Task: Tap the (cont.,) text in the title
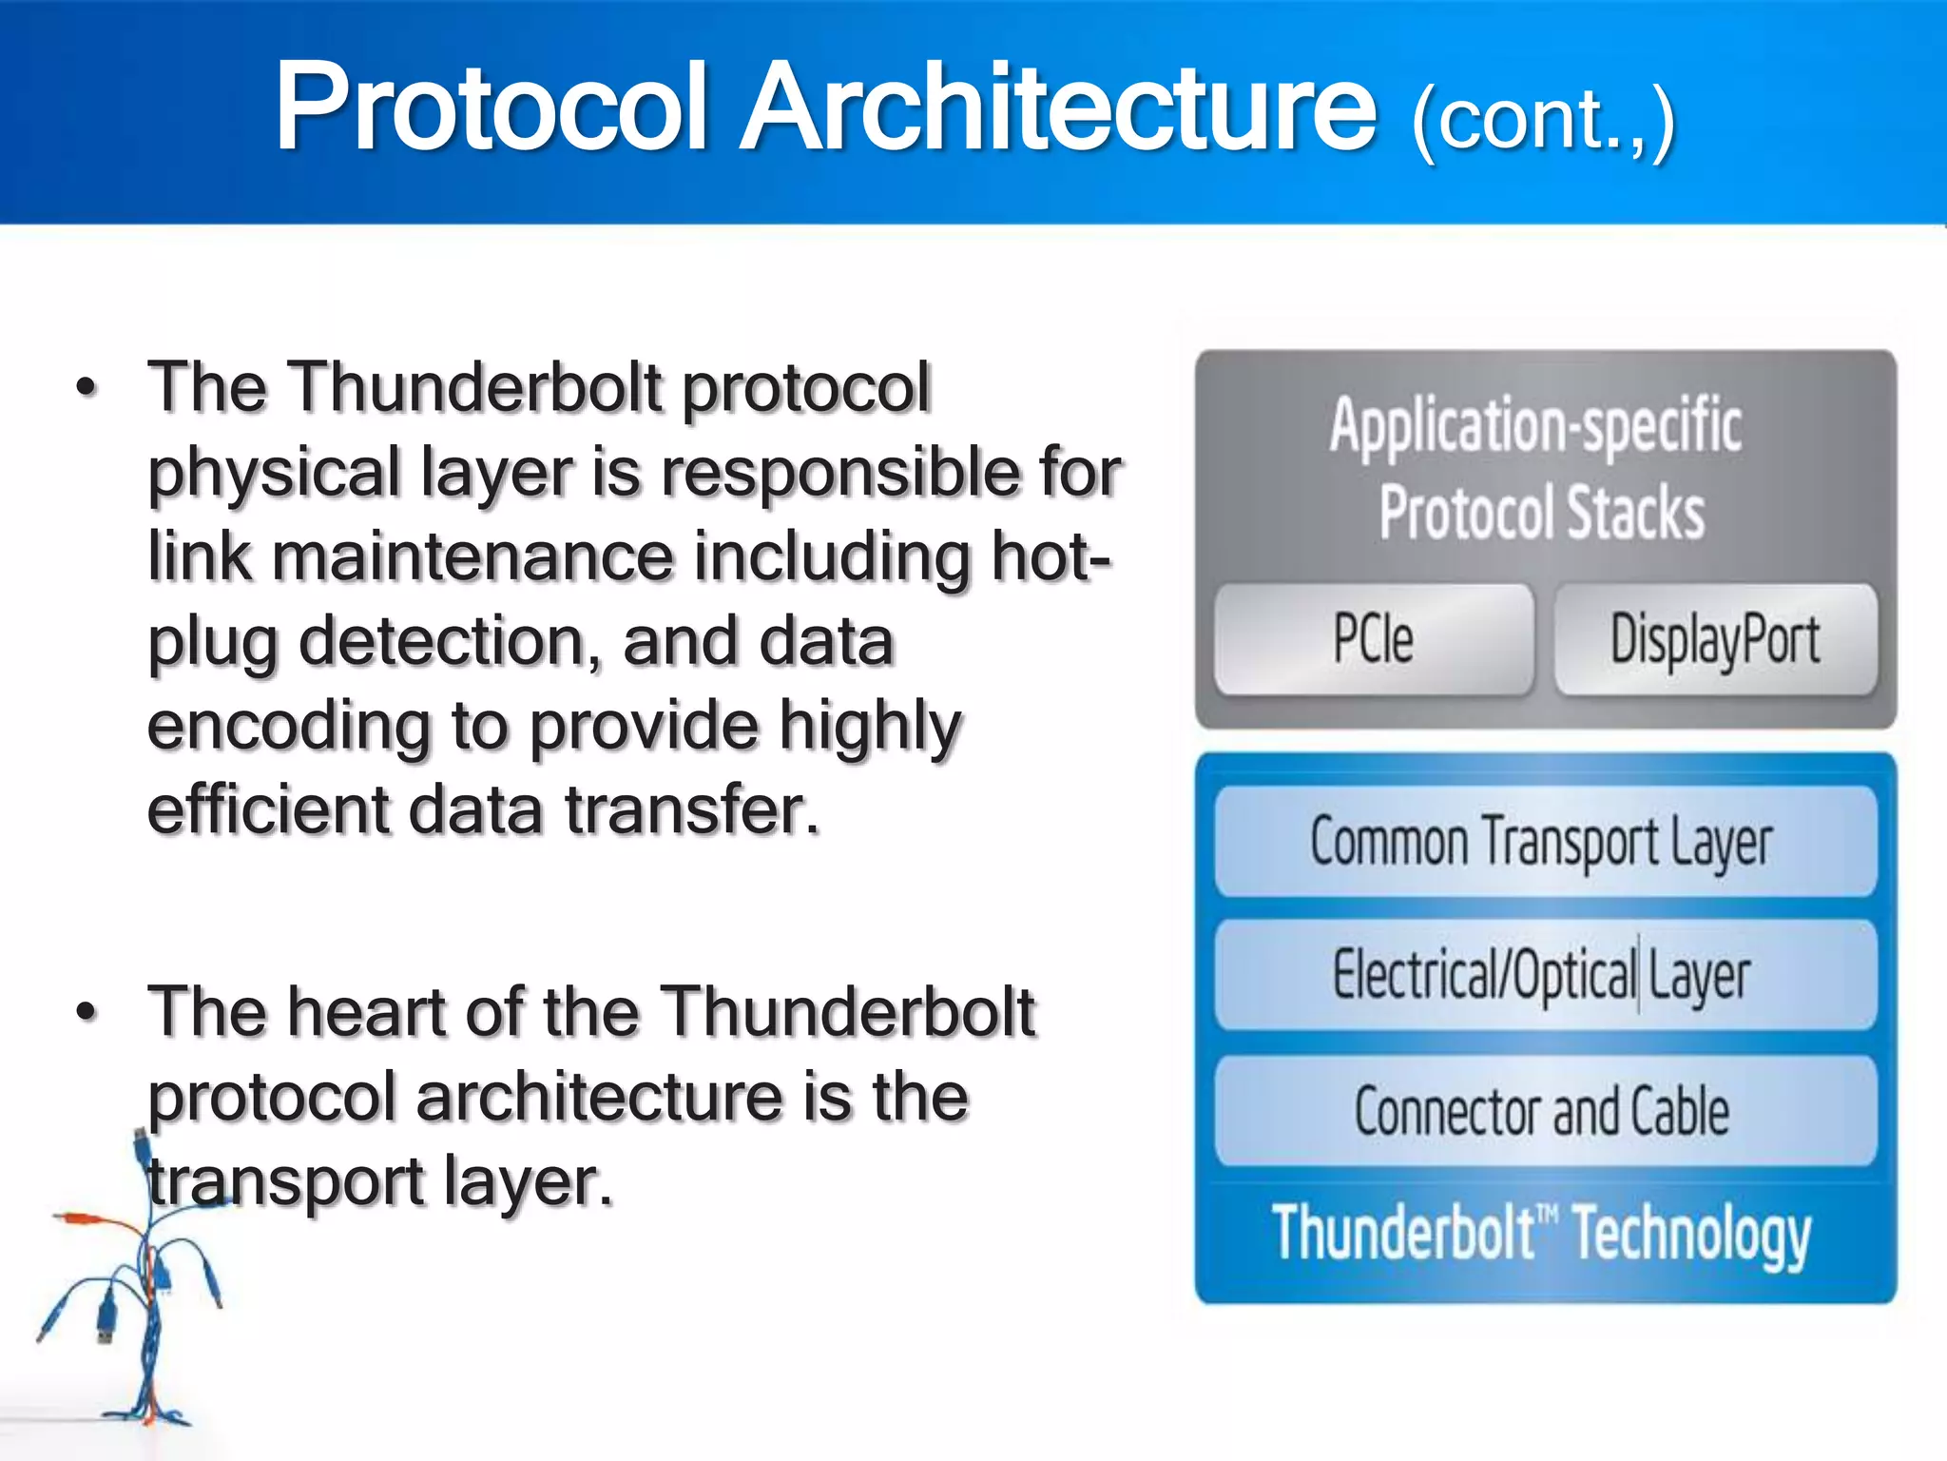pyautogui.click(x=1542, y=122)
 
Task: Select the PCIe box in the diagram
pyautogui.click(x=1373, y=638)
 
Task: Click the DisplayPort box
pyautogui.click(x=1715, y=638)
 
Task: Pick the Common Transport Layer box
pyautogui.click(x=1544, y=842)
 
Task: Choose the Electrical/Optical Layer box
pyautogui.click(x=1544, y=975)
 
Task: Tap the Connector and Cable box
pyautogui.click(x=1544, y=1110)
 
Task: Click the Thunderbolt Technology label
pyautogui.click(x=1542, y=1234)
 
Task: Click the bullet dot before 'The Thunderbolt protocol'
pyautogui.click(x=87, y=388)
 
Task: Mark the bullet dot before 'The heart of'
pyautogui.click(x=87, y=1012)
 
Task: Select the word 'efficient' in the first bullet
pyautogui.click(x=267, y=810)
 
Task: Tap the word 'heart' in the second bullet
pyautogui.click(x=366, y=1012)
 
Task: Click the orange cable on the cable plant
pyautogui.click(x=95, y=1218)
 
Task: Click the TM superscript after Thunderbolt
pyautogui.click(x=1548, y=1214)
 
